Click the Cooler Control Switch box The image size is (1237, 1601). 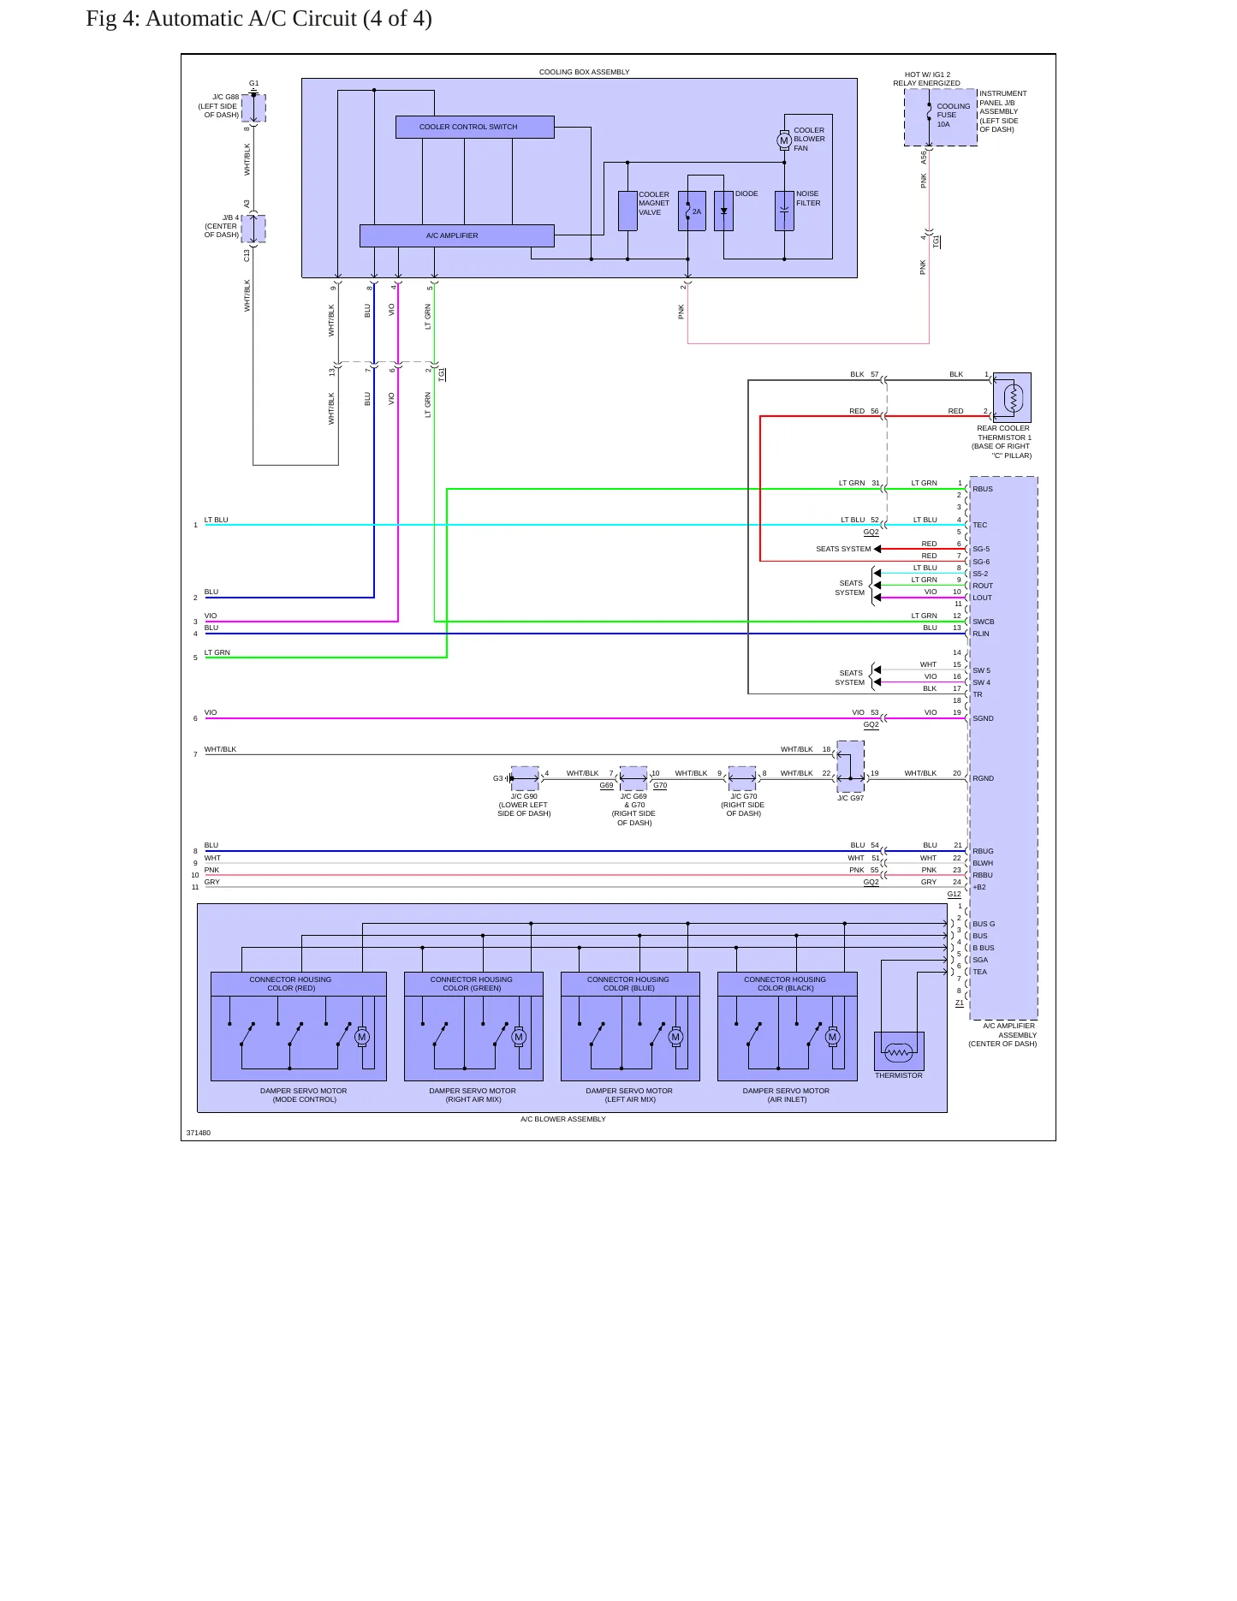(474, 127)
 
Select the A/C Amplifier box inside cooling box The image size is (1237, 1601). (456, 235)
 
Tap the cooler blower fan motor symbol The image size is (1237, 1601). (784, 140)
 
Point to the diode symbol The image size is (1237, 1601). (724, 211)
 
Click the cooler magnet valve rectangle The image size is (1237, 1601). (627, 211)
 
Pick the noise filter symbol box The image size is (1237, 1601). (784, 211)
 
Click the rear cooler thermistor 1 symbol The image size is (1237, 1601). (1012, 397)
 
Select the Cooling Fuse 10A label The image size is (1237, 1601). (953, 116)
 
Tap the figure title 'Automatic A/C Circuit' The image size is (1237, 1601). (251, 19)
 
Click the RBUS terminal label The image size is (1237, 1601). (983, 489)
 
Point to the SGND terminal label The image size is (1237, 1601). (983, 718)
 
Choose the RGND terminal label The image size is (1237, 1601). (983, 778)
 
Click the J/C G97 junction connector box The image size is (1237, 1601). (850, 766)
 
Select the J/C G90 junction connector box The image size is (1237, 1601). (525, 778)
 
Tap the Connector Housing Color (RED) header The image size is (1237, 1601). (291, 984)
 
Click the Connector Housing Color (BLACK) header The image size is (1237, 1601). (786, 984)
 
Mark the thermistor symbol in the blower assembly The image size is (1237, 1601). (899, 1051)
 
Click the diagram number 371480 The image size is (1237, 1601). (199, 1133)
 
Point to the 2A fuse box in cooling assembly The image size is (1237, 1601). (692, 211)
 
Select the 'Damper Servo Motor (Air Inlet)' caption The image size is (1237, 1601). (786, 1095)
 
